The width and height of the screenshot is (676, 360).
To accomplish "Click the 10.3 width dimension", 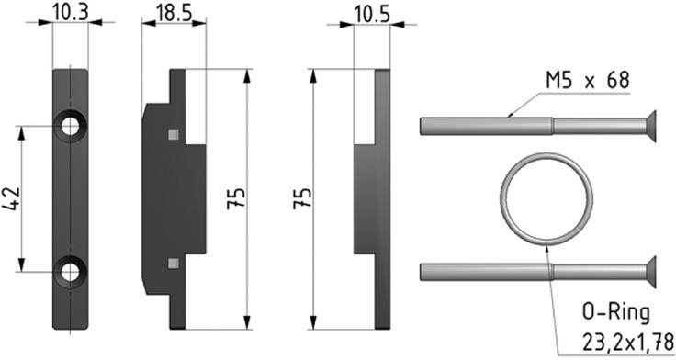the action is [x=71, y=12].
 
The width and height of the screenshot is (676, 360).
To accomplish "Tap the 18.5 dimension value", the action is [x=174, y=13].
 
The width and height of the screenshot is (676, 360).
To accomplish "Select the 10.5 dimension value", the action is [x=372, y=15].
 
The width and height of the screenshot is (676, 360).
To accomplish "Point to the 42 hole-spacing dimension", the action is [x=12, y=199].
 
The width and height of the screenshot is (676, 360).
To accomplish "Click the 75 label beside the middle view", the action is [x=236, y=198].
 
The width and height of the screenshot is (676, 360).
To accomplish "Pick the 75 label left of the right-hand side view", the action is [x=302, y=198].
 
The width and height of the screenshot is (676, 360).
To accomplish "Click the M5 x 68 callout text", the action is [x=587, y=81].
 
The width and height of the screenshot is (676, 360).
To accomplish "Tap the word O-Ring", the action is [x=615, y=313].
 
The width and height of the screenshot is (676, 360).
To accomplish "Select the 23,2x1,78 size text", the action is [x=628, y=343].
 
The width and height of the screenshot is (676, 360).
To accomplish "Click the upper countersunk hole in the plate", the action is [x=71, y=127].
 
